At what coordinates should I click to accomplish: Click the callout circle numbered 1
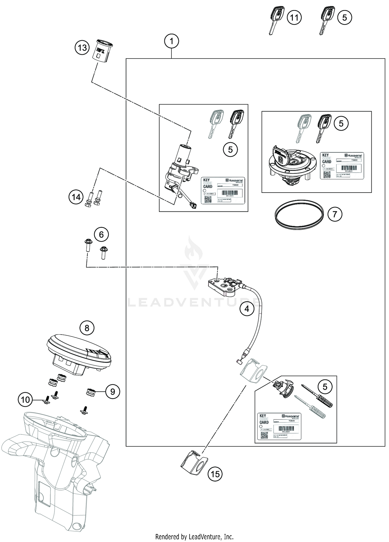coord(171,41)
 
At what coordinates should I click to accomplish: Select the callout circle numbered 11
coord(294,18)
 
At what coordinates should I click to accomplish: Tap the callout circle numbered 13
coord(82,48)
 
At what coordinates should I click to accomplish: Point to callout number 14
coord(76,198)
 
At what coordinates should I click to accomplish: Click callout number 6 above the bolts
coord(101,235)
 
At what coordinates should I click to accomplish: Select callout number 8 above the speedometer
coord(87,328)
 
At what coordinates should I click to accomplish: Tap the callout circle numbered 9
coord(113,391)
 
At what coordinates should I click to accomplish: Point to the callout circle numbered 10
coord(25,399)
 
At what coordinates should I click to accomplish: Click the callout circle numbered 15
coord(215,474)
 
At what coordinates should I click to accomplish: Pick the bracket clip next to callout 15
coord(194,463)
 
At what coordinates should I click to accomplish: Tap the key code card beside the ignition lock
coord(223,191)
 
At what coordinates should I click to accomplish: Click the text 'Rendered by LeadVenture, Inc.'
coord(194,536)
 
